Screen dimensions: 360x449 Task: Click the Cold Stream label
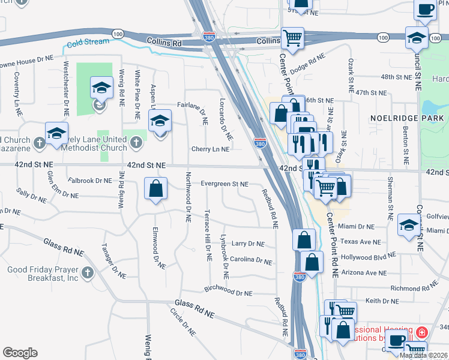tap(88, 42)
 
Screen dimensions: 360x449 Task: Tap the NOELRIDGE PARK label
tap(408, 118)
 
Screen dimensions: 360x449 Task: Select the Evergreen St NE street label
tap(224, 184)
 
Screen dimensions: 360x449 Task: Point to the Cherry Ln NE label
tap(210, 149)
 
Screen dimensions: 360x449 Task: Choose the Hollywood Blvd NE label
tap(369, 256)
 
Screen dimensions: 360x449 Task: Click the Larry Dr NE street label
tap(248, 244)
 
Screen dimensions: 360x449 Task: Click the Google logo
tap(20, 352)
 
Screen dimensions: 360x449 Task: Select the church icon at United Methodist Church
tap(136, 143)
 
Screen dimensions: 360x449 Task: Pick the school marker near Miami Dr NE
tap(409, 224)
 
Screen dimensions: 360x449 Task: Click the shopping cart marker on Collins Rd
tap(292, 38)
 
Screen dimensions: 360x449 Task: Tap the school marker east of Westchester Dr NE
tap(101, 88)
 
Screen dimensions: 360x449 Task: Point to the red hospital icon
tap(423, 331)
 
